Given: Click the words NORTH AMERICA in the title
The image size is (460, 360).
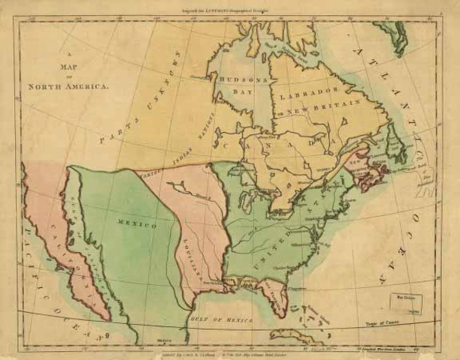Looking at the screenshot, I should click(x=69, y=86).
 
